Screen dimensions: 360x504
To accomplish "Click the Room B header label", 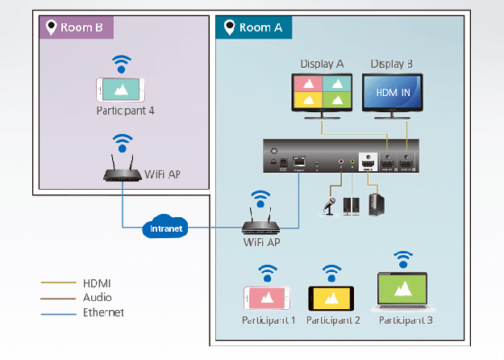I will pos(77,27).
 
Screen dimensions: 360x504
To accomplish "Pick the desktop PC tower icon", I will pos(374,204).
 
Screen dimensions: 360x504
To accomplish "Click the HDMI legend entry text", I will pos(97,283).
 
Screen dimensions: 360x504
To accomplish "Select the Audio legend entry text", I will pos(98,297).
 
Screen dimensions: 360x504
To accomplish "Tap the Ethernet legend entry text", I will pos(103,312).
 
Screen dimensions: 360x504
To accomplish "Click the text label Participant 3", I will pos(406,320).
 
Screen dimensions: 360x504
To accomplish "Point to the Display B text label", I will pos(392,63).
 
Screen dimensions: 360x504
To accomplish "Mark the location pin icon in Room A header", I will pos(227,27).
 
